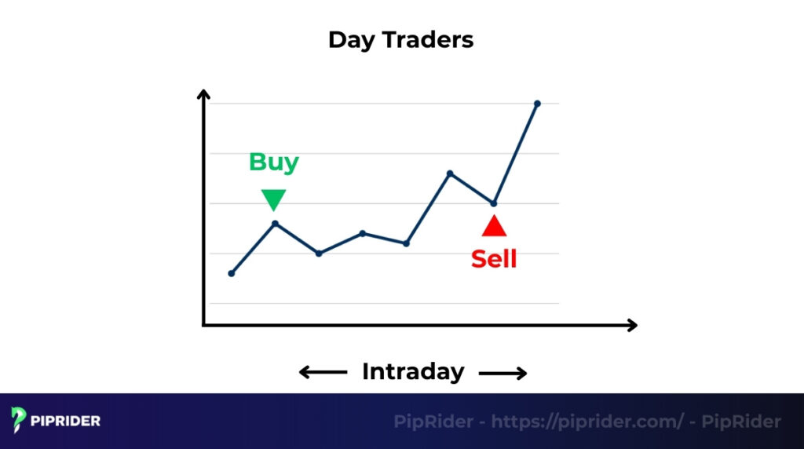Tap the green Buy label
click(x=273, y=162)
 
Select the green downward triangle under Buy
click(x=273, y=199)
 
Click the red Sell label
click(x=494, y=259)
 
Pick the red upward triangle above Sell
click(x=494, y=226)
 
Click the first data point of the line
click(x=231, y=273)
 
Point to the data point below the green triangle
click(x=275, y=224)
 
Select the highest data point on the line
click(x=537, y=104)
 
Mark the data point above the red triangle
click(x=494, y=203)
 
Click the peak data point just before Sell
click(x=450, y=173)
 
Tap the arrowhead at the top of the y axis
click(x=203, y=95)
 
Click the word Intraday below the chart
click(x=413, y=371)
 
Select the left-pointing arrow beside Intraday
click(x=323, y=373)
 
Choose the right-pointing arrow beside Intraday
click(x=503, y=373)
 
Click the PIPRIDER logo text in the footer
click(x=67, y=422)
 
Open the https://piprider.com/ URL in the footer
click(x=587, y=422)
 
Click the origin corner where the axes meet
click(x=204, y=325)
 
